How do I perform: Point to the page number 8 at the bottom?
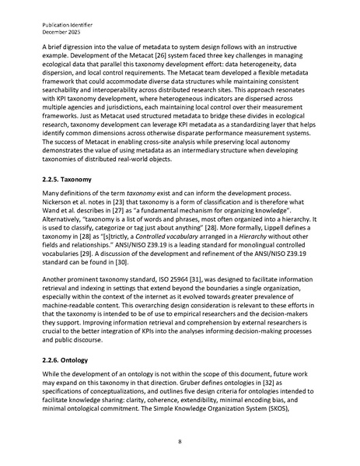(x=180, y=441)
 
